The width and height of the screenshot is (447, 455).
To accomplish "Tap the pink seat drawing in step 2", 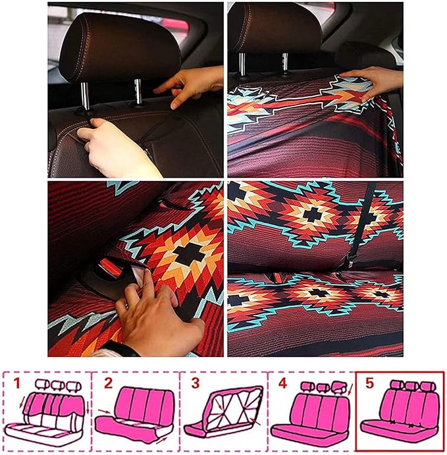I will pos(135,412).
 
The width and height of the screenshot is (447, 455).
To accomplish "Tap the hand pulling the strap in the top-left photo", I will pos(118,148).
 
